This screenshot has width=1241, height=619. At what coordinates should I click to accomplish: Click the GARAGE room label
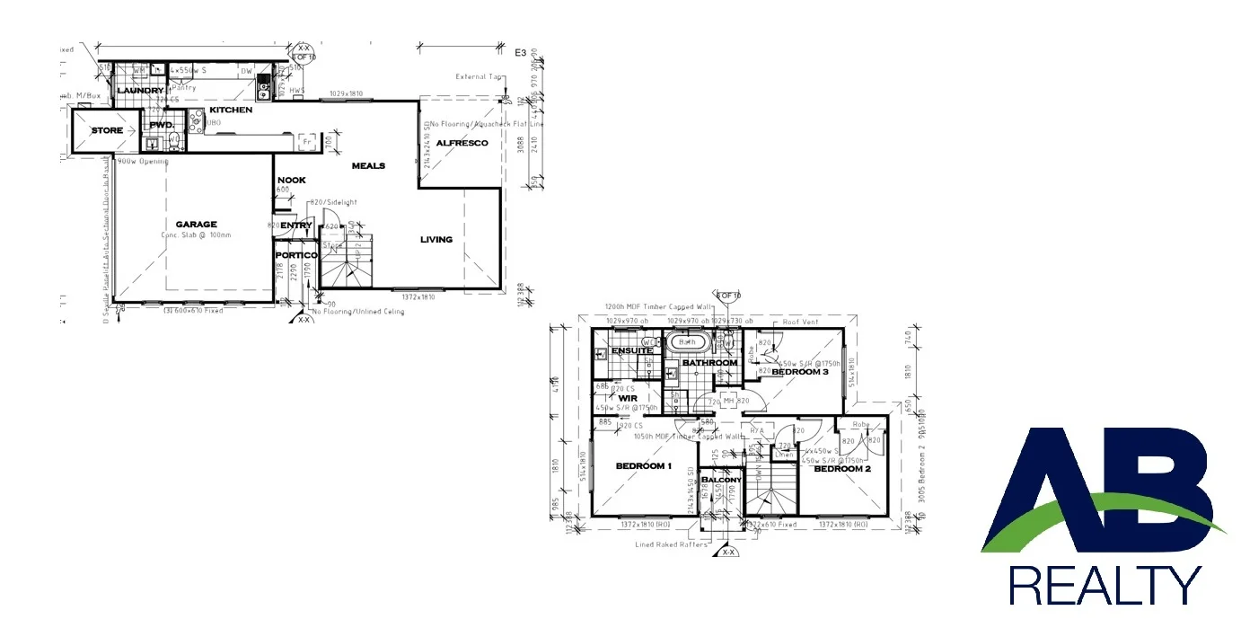[196, 225]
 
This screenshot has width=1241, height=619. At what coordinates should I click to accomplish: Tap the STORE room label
[107, 131]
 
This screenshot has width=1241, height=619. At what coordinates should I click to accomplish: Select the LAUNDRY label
[139, 91]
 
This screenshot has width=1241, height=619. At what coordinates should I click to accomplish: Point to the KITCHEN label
[231, 110]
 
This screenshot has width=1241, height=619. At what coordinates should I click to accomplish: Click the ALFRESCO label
[462, 143]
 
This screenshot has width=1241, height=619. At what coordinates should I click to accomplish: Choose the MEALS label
[368, 166]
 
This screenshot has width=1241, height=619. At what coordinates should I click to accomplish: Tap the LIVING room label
[436, 239]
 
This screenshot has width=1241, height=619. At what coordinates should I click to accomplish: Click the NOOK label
[291, 180]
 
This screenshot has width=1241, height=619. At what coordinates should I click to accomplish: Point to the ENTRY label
[295, 225]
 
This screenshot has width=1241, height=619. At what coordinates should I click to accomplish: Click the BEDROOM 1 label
[644, 465]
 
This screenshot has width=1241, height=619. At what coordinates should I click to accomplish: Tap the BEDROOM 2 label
[842, 468]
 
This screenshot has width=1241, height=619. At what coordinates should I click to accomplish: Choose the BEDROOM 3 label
[799, 372]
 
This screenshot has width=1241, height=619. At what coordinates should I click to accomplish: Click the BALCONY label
[721, 481]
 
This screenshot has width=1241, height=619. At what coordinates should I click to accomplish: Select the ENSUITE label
[631, 350]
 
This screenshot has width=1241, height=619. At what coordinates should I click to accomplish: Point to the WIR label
[628, 396]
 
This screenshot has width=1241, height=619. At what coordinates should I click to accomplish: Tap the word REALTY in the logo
[1105, 585]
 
